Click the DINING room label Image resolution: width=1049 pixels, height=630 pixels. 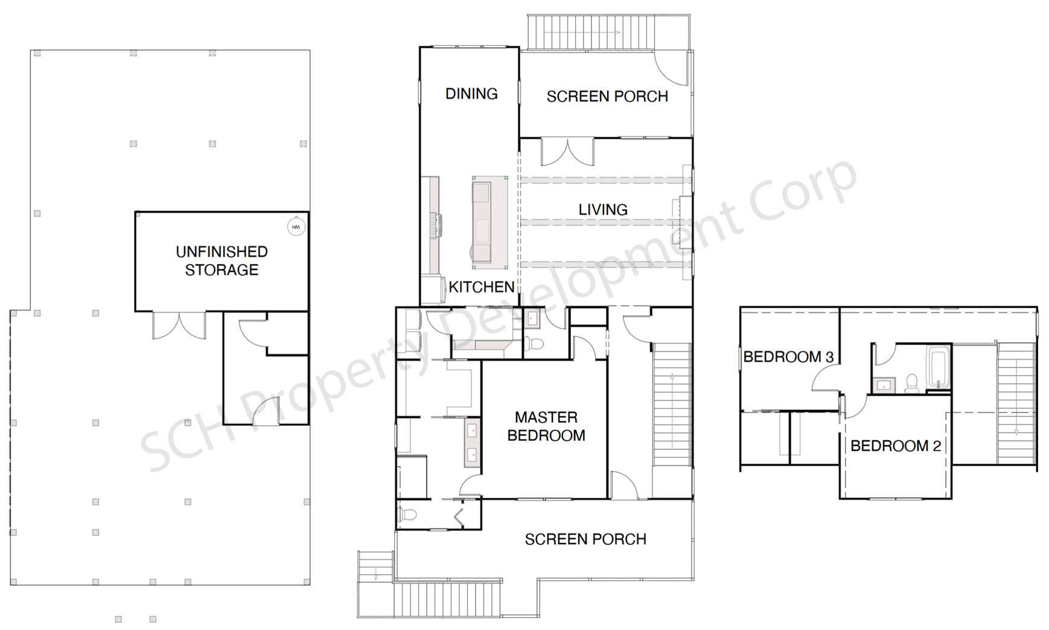(471, 94)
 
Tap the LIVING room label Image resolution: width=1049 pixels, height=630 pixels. (603, 210)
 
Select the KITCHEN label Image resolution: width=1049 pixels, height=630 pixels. (482, 287)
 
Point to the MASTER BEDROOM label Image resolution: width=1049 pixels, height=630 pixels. (546, 426)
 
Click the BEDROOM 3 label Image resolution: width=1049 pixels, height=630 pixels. (788, 357)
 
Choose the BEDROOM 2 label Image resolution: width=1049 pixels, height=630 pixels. (896, 446)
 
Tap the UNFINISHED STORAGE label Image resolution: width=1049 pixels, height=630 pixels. (222, 261)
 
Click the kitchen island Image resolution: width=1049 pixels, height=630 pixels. (489, 223)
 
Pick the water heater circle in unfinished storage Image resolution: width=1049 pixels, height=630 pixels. (296, 227)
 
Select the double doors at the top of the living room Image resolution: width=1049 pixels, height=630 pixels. (567, 152)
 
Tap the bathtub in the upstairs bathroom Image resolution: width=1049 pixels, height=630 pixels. (939, 366)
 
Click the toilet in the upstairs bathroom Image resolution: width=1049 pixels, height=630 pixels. (911, 384)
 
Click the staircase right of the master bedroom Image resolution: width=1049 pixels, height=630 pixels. (672, 405)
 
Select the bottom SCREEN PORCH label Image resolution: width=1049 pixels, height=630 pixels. (585, 539)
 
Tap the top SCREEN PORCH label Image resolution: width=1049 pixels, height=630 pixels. (607, 97)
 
